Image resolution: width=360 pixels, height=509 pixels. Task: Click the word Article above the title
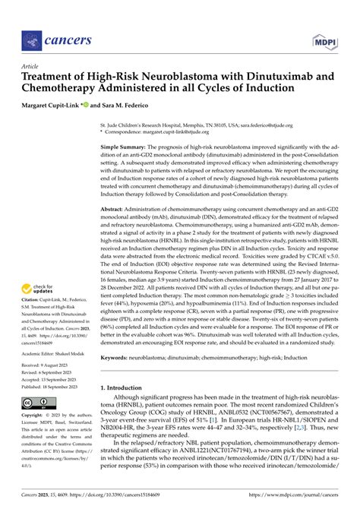(33, 66)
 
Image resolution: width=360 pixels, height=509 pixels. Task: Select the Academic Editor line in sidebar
(56, 353)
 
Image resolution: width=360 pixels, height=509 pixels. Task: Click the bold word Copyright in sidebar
(36, 416)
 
